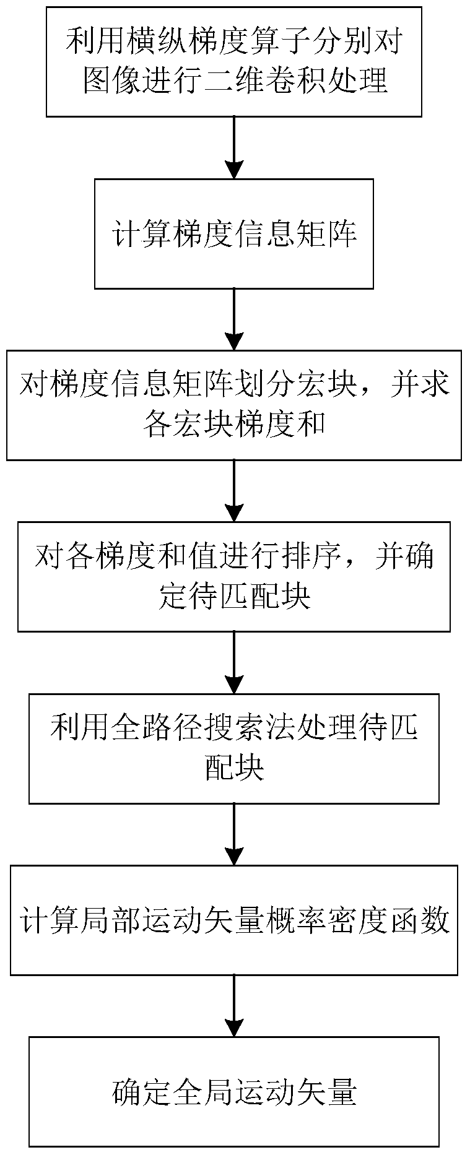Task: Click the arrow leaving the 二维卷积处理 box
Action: [233, 147]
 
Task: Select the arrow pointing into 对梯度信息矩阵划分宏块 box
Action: [233, 319]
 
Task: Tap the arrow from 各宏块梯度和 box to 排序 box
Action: [233, 491]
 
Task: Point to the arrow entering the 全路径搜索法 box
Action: [233, 662]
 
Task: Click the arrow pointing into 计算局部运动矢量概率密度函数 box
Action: [233, 834]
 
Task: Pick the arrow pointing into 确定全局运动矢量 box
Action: [233, 1006]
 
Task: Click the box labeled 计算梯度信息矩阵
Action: [233, 233]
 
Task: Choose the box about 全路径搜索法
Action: [233, 748]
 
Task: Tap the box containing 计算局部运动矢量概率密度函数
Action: [233, 920]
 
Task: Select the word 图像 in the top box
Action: [113, 81]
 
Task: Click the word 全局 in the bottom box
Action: [218, 1092]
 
